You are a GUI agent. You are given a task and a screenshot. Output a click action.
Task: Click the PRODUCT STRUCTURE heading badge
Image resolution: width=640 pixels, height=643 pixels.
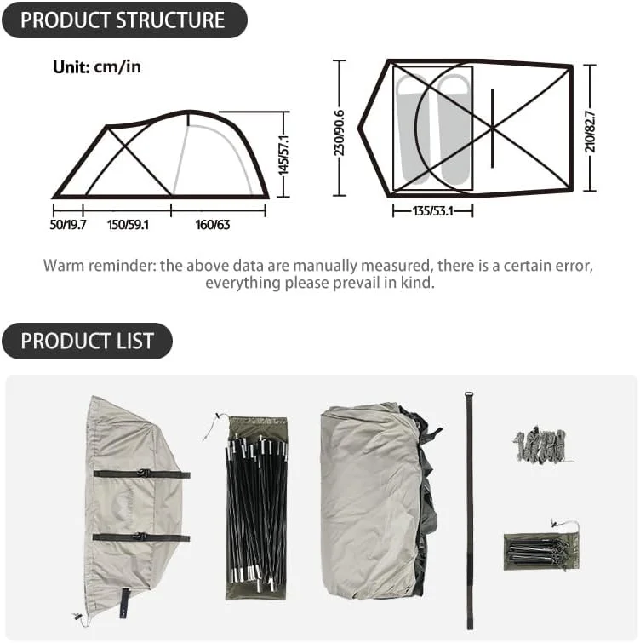coord(124,20)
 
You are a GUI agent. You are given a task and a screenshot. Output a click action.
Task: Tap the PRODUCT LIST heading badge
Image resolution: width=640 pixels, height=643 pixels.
coord(88,341)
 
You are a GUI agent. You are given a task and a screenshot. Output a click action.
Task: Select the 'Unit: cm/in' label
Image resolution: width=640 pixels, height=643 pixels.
coord(97,66)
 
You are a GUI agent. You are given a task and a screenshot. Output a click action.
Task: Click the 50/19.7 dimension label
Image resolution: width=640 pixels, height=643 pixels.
coord(67,225)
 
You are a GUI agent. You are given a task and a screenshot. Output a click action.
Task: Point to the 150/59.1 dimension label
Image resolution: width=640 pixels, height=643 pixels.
coord(128,225)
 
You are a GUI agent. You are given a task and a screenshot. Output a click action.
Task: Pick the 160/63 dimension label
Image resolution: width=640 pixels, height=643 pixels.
coord(213,225)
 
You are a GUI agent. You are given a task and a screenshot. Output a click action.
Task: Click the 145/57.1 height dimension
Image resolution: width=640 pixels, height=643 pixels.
coord(283,155)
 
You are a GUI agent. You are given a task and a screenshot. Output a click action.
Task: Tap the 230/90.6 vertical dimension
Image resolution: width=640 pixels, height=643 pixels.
coord(340,133)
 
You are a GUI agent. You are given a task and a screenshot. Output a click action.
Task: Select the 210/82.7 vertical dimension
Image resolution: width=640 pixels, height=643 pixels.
coord(590,131)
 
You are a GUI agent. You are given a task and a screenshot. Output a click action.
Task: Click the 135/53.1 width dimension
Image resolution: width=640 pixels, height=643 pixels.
coord(432,211)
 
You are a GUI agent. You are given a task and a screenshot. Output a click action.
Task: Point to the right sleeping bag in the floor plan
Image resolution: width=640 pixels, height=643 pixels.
coord(454,129)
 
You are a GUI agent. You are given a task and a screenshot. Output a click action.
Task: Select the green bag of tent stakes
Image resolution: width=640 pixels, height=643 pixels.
coord(540,551)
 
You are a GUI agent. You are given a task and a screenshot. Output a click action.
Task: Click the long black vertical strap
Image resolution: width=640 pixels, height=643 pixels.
coord(470,510)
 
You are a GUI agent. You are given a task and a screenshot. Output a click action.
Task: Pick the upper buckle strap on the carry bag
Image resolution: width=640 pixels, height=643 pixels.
coord(142,474)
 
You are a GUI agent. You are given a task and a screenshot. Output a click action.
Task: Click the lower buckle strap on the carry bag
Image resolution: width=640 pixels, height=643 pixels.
coord(141,537)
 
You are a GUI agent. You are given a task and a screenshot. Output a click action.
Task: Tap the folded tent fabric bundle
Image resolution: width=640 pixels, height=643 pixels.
coord(379,500)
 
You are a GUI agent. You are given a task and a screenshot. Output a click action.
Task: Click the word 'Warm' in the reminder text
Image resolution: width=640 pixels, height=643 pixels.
coord(64,266)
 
